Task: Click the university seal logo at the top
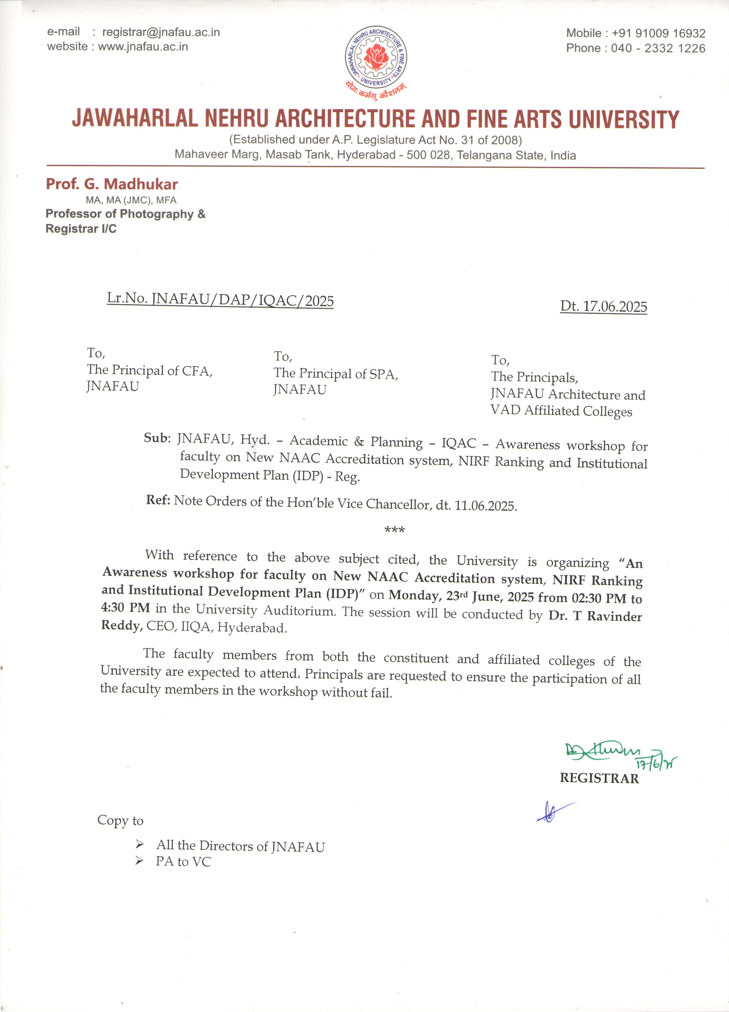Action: point(375,57)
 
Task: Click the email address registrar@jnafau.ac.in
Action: point(161,32)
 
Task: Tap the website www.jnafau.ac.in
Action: point(143,46)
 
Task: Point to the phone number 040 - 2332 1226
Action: point(658,48)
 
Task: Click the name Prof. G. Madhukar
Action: point(112,184)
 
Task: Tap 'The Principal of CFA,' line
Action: point(149,370)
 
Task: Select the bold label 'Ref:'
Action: point(158,500)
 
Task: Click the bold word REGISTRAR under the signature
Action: point(599,778)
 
